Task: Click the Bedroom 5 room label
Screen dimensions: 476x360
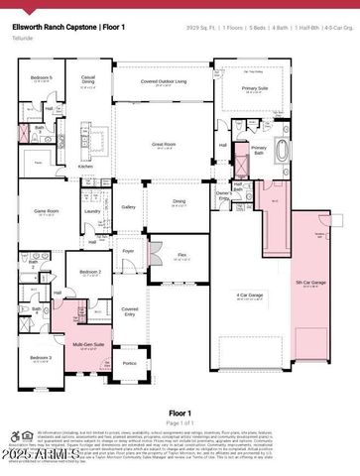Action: click(41, 76)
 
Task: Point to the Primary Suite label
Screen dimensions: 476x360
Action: click(255, 86)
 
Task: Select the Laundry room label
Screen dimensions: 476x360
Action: click(92, 210)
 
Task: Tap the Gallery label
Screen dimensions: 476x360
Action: click(128, 206)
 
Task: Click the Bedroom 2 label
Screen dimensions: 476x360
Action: click(90, 271)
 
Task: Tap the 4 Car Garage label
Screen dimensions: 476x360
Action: click(249, 296)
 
